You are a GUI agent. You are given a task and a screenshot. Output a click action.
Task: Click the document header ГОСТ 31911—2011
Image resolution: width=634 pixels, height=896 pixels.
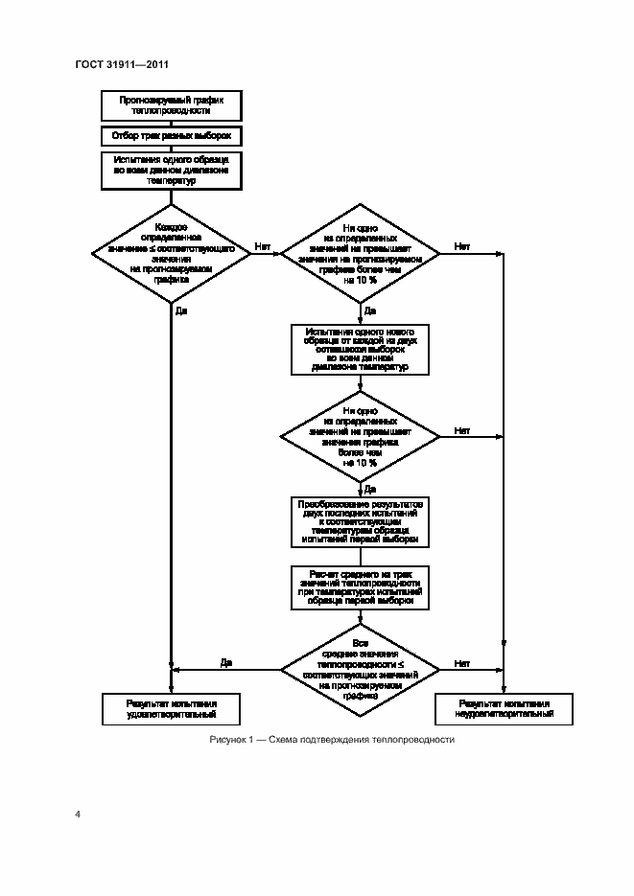(122, 64)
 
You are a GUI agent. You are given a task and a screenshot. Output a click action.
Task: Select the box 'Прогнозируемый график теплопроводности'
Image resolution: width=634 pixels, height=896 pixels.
(171, 104)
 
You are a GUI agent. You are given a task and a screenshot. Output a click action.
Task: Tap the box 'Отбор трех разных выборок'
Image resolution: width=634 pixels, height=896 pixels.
(171, 136)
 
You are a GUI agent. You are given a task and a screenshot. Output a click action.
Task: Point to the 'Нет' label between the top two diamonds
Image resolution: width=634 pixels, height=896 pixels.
(263, 247)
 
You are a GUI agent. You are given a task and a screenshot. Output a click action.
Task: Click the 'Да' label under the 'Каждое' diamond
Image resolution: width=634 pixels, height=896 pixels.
(181, 310)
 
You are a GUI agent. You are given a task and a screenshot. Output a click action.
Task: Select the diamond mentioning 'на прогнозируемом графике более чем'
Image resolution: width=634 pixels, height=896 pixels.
(360, 253)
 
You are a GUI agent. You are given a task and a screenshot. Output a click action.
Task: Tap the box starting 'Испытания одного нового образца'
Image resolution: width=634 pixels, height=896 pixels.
(360, 348)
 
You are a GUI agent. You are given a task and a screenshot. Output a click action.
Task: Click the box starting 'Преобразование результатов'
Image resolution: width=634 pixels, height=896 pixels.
(360, 521)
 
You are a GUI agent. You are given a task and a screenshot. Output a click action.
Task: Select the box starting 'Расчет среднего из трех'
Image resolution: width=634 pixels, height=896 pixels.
(360, 587)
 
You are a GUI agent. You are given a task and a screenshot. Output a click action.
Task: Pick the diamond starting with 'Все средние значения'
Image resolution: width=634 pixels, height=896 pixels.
(360, 669)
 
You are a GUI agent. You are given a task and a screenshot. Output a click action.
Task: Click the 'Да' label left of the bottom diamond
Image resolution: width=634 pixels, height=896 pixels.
(226, 662)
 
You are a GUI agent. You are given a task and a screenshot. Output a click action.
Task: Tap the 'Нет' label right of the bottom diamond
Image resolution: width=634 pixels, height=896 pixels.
(462, 662)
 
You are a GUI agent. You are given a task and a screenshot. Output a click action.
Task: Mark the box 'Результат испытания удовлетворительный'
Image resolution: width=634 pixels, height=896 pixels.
(171, 708)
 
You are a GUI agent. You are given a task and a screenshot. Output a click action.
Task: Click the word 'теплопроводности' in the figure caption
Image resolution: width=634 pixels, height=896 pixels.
(414, 740)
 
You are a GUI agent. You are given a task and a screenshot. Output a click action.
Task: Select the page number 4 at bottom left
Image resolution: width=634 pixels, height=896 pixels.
(78, 815)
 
